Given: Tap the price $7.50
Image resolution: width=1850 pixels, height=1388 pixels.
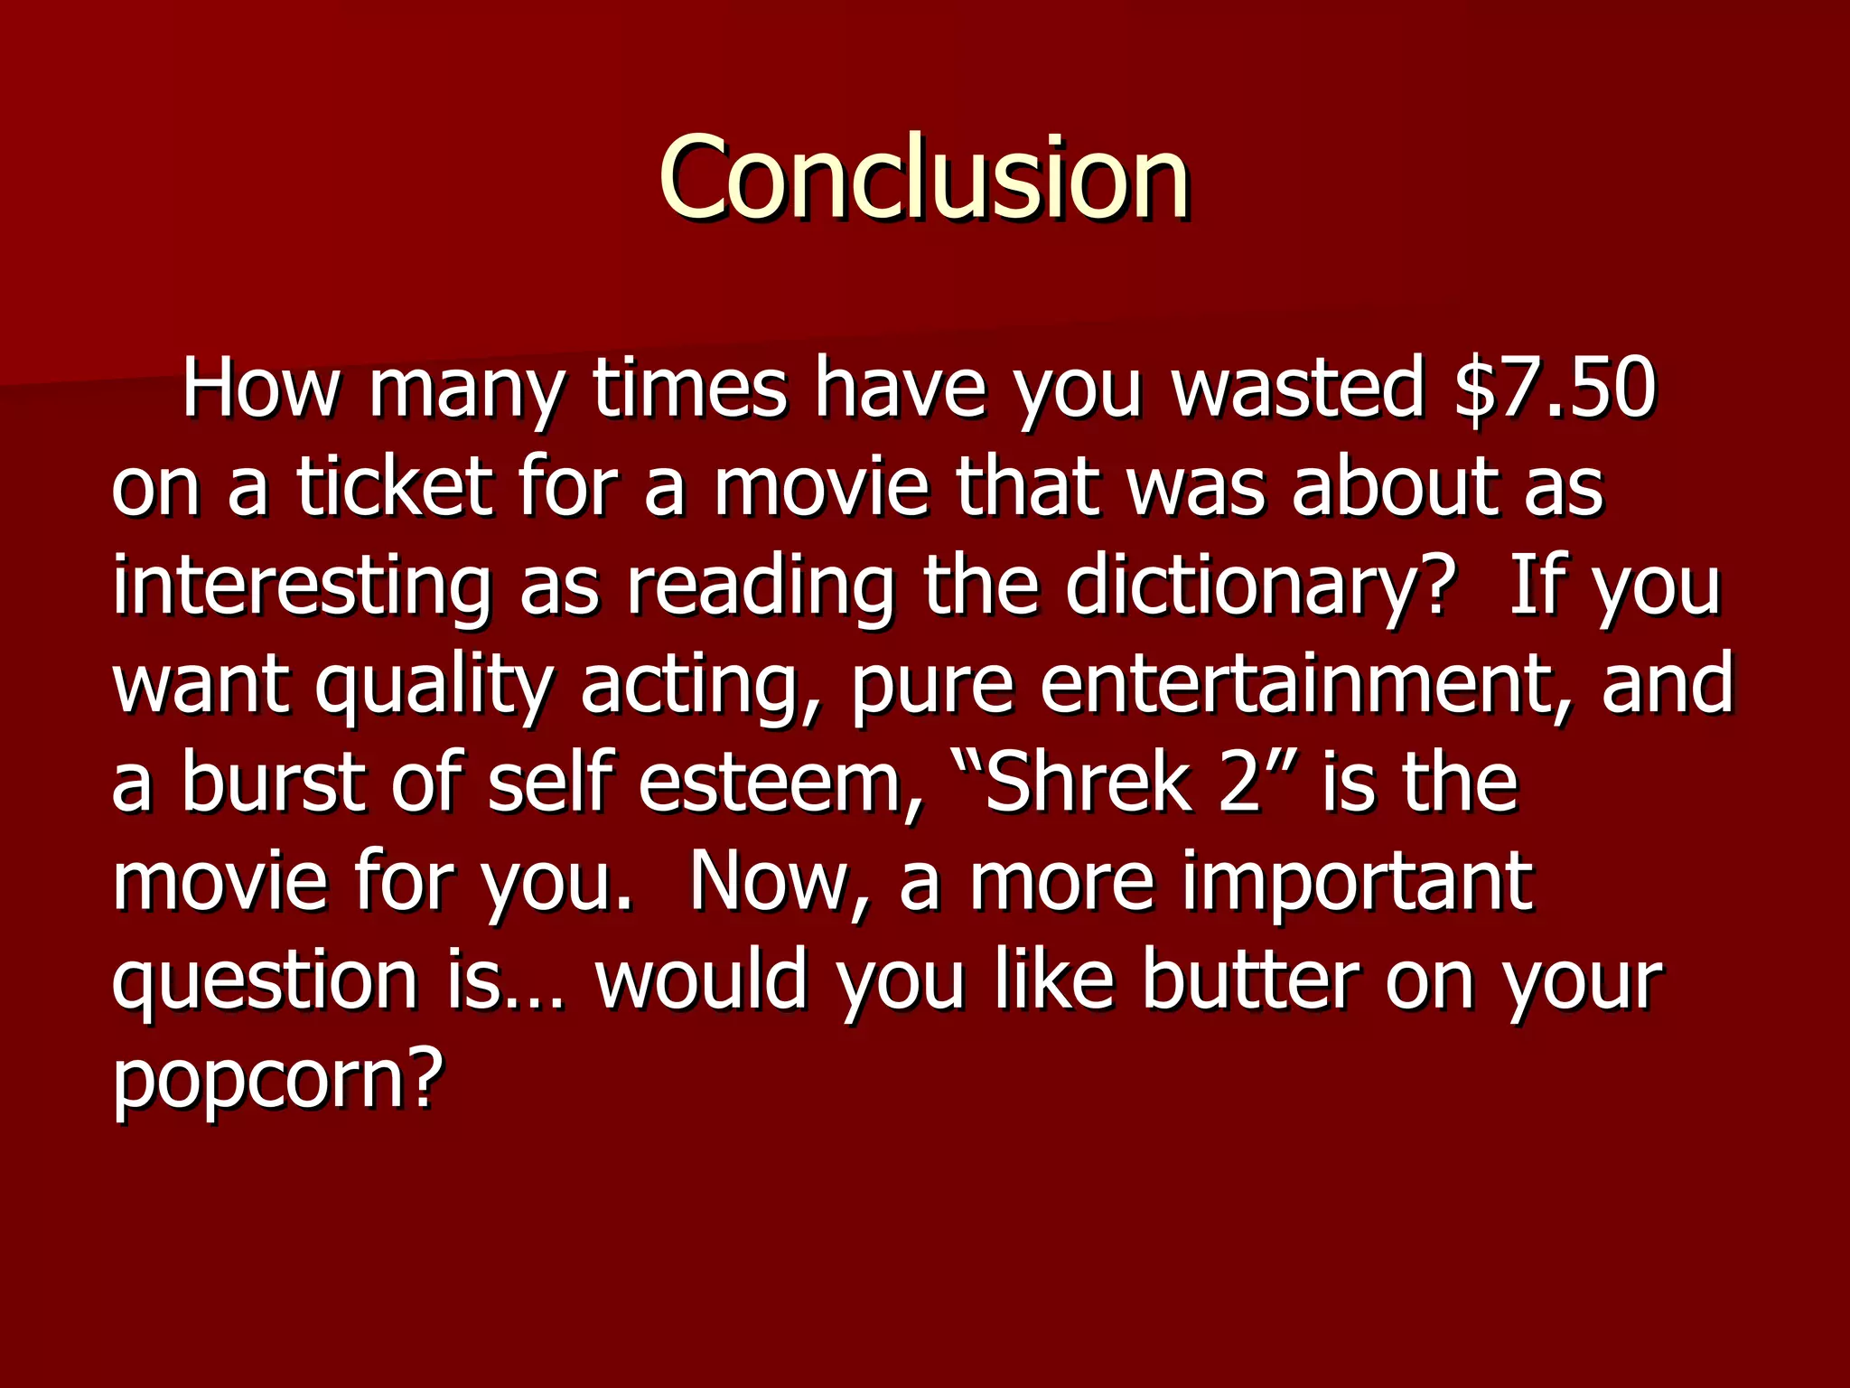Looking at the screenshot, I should click(x=1555, y=389).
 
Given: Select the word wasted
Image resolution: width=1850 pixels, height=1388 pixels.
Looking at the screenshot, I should click(x=1297, y=389).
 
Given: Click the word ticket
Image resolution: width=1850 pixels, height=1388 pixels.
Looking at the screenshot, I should click(x=395, y=487).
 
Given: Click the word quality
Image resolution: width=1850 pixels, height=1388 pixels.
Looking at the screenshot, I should click(x=433, y=684).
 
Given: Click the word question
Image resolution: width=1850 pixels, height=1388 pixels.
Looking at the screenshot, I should click(x=265, y=980).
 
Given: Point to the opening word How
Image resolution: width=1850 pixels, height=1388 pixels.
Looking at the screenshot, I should click(x=262, y=389).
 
